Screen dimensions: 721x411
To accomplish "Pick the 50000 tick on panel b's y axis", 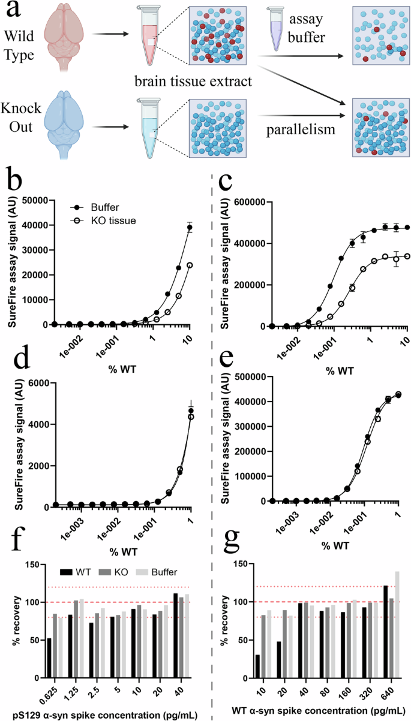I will (37, 201).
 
